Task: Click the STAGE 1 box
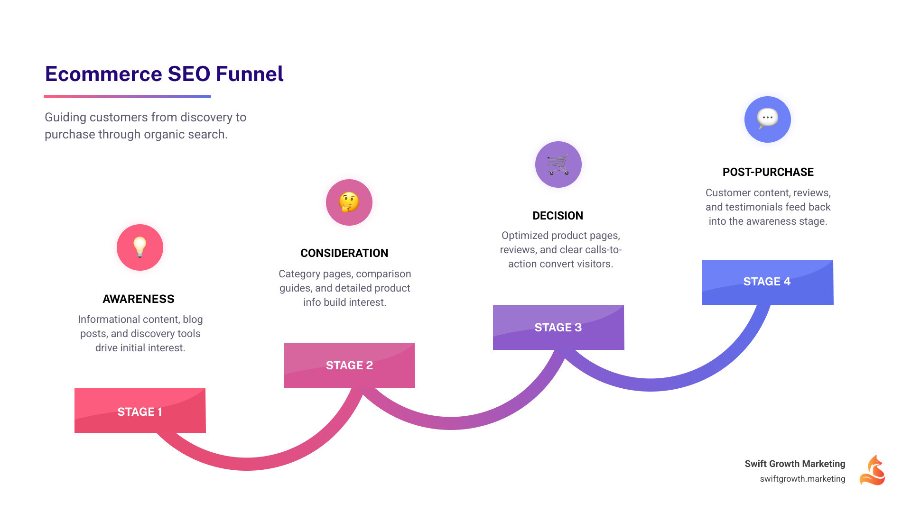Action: coord(140,411)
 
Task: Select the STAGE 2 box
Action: coord(349,365)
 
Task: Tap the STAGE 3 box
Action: coord(558,327)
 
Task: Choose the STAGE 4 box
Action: coord(767,282)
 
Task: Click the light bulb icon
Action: coord(140,247)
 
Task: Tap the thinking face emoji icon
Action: coord(349,202)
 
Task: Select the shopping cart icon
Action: coord(558,165)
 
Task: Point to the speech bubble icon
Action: coord(767,119)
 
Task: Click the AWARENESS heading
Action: coord(139,299)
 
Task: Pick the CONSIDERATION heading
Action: coord(344,253)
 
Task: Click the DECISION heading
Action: coord(558,216)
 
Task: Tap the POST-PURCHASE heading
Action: coord(768,172)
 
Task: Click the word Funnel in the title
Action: coord(250,74)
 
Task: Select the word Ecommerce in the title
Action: coord(103,74)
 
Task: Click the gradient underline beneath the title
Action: coord(127,96)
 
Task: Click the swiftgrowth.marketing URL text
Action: coord(802,479)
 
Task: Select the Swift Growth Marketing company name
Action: coord(795,464)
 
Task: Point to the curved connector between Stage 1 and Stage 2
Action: coord(247,464)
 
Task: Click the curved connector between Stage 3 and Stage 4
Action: coord(650,384)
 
